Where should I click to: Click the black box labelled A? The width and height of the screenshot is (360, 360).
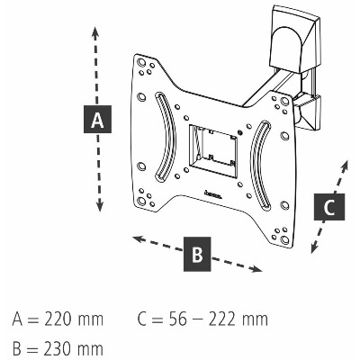tap(97, 119)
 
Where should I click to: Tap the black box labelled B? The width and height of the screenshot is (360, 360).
tap(197, 254)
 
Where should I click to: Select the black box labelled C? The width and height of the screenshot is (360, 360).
tap(329, 207)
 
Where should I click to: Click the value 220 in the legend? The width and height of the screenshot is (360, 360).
tap(59, 319)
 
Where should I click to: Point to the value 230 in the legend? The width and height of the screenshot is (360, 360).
tap(59, 349)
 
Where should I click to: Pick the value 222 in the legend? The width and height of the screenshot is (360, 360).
tap(222, 319)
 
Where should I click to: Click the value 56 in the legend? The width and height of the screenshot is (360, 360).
tap(177, 319)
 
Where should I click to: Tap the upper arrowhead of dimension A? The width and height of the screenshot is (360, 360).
tap(95, 31)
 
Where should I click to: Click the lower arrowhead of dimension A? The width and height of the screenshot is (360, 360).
tap(100, 206)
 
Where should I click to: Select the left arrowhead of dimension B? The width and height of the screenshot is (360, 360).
tap(138, 238)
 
